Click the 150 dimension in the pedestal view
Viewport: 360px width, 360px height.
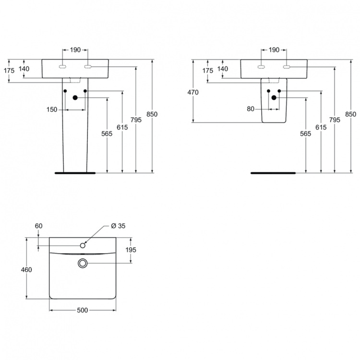52,109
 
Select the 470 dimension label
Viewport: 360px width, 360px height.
193,93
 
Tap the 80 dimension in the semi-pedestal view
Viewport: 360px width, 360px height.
250,109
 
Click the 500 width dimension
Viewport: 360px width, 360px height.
82,310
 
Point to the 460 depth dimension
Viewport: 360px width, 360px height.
26,270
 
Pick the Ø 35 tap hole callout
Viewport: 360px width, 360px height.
118,226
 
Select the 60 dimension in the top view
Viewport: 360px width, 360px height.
39,226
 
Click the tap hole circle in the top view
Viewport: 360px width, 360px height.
83,246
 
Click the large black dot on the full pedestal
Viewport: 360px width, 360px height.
75,98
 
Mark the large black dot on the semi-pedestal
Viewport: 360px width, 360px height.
274,97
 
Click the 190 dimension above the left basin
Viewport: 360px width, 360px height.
75,50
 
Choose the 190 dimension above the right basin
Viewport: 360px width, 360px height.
274,50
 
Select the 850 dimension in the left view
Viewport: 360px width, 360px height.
153,114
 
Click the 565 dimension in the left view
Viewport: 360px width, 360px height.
107,134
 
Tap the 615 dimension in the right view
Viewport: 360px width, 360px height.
321,127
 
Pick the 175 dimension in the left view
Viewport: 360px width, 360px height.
9,71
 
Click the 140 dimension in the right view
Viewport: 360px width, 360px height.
222,69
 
